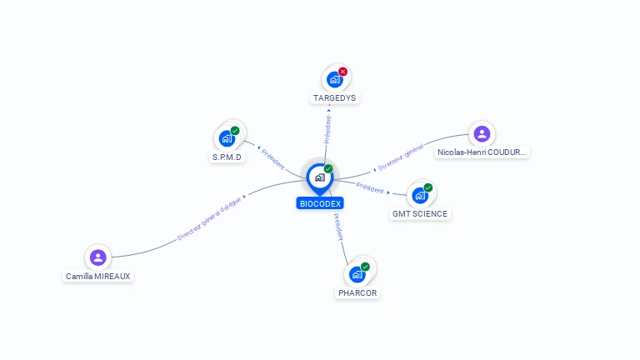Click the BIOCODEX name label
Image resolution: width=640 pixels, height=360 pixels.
coord(320,203)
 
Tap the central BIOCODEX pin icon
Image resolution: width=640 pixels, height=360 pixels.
coord(319,177)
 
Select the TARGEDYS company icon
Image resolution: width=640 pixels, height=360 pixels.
coord(334,80)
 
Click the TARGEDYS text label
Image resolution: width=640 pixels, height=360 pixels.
coord(334,98)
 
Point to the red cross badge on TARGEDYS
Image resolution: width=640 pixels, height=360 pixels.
coord(342,72)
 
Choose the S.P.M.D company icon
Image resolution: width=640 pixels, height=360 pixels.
coord(227,139)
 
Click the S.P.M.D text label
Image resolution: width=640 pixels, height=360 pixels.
coord(227,157)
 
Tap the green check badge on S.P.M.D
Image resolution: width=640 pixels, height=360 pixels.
coord(235,131)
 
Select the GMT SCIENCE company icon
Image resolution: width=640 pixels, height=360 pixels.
coord(419,196)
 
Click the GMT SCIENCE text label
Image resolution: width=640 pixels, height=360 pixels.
coord(420,214)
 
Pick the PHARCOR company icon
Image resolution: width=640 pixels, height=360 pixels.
coord(357,274)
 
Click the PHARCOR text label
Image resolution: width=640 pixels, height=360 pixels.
coord(357,293)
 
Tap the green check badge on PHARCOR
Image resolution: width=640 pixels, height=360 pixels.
coord(365,267)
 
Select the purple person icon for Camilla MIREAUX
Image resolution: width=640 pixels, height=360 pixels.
coord(98,257)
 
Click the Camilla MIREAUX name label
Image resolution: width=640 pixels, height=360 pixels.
coord(98,277)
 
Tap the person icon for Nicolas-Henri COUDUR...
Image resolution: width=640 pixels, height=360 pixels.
coord(482,133)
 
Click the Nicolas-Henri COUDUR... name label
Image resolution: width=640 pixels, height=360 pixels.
coord(482,152)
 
